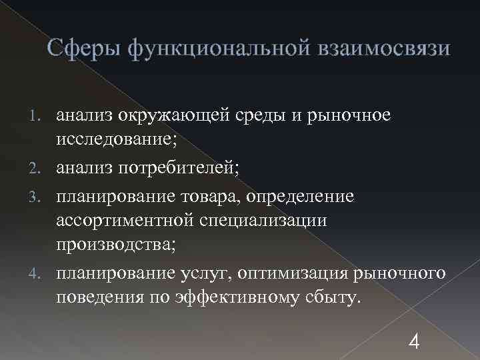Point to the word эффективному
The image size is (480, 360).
[x=239, y=297]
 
